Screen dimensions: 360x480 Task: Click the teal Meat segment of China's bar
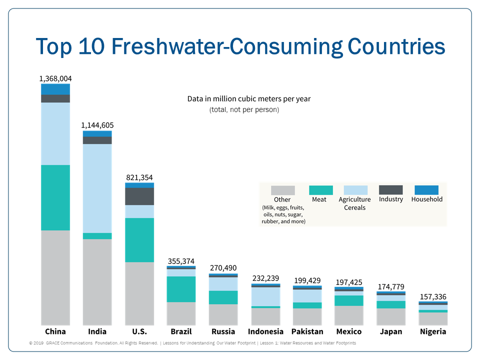pyautogui.click(x=55, y=197)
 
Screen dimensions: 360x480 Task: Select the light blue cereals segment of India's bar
pyautogui.click(x=97, y=188)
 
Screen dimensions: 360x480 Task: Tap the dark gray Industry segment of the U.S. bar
pyautogui.click(x=139, y=196)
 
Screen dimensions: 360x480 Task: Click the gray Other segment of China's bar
pyautogui.click(x=55, y=277)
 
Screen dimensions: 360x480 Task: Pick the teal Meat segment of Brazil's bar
pyautogui.click(x=180, y=289)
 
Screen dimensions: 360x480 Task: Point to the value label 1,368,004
pyautogui.click(x=55, y=78)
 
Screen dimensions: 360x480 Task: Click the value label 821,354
pyautogui.click(x=139, y=177)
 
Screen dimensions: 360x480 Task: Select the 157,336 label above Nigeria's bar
pyautogui.click(x=433, y=296)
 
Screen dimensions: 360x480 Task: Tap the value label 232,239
pyautogui.click(x=265, y=278)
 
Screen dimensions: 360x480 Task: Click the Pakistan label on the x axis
pyautogui.click(x=307, y=331)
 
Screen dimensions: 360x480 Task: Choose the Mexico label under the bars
pyautogui.click(x=349, y=331)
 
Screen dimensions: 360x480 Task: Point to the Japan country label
pyautogui.click(x=390, y=331)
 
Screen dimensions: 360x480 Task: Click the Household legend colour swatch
pyautogui.click(x=426, y=190)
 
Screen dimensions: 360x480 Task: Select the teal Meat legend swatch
pyautogui.click(x=321, y=190)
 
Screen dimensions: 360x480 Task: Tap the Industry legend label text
pyautogui.click(x=390, y=199)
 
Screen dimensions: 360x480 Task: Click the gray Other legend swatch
pyautogui.click(x=282, y=190)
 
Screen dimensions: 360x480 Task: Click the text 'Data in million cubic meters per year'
pyautogui.click(x=249, y=99)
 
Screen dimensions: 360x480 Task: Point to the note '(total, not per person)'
pyautogui.click(x=244, y=109)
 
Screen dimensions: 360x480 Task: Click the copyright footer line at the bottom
pyautogui.click(x=192, y=343)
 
